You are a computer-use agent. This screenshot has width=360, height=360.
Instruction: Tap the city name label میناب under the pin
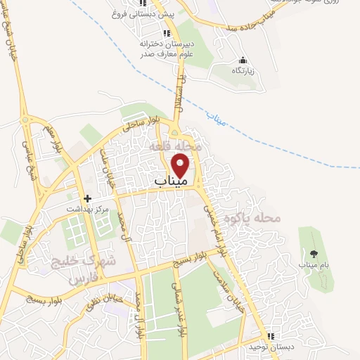(x=171, y=181)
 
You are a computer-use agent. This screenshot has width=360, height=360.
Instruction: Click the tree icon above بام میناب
(x=313, y=253)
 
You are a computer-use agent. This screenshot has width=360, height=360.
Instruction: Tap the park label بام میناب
(x=313, y=264)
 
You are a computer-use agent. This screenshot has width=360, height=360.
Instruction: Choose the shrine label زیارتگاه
(x=243, y=70)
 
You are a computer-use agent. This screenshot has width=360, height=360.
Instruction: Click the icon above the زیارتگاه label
(x=243, y=60)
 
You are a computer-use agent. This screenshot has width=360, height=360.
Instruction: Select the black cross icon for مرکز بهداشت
(x=87, y=198)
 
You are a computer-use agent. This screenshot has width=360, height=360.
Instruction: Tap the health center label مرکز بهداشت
(x=68, y=209)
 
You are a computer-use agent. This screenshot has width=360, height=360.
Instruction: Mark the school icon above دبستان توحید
(x=271, y=337)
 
